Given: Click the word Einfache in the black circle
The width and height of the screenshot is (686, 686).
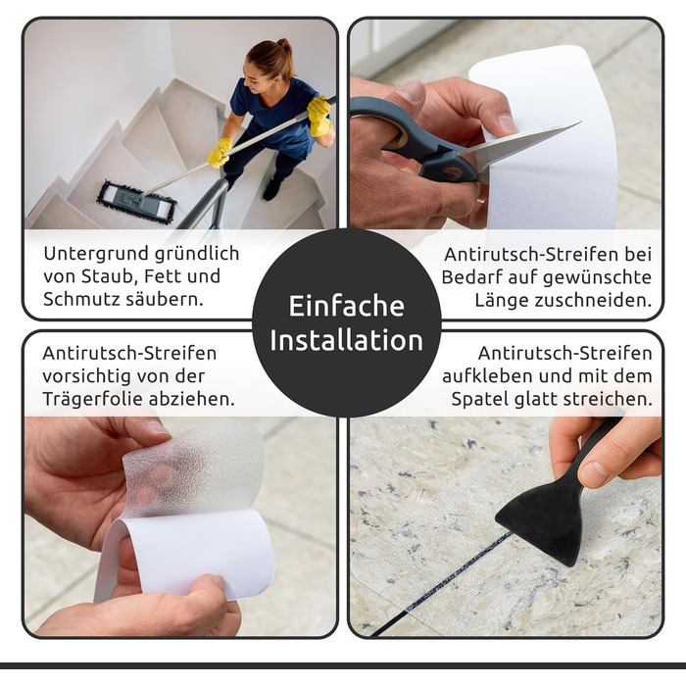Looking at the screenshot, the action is click(347, 306).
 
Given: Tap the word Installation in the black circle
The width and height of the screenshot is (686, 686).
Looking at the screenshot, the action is click(347, 340).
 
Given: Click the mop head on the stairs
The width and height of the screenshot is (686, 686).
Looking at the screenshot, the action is click(136, 202).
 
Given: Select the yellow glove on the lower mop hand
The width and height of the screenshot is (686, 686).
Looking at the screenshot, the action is click(220, 152).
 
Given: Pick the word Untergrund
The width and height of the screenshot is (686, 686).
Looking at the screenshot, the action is click(92, 254).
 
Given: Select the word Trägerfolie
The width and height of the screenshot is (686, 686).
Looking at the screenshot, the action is click(92, 399).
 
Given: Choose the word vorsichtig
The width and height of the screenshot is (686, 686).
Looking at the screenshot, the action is click(86, 376).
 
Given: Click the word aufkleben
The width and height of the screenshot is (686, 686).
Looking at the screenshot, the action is click(487, 376).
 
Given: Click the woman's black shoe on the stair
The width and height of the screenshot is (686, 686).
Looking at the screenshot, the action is click(272, 188).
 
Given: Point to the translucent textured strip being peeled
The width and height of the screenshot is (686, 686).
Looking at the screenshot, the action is click(193, 468).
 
